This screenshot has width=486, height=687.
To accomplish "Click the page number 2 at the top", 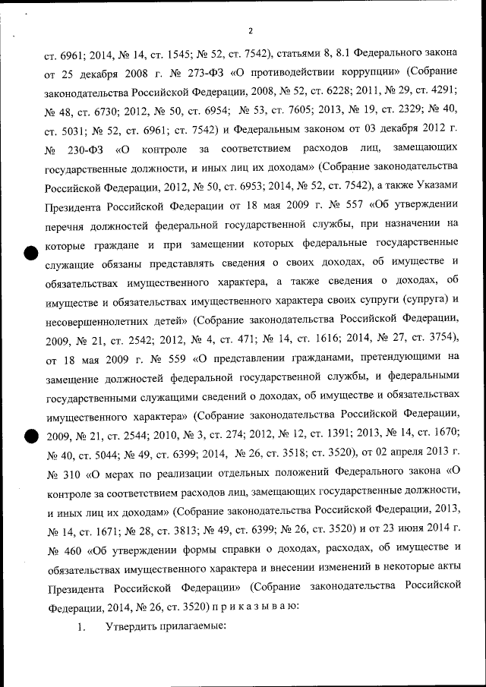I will click(x=250, y=31).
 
